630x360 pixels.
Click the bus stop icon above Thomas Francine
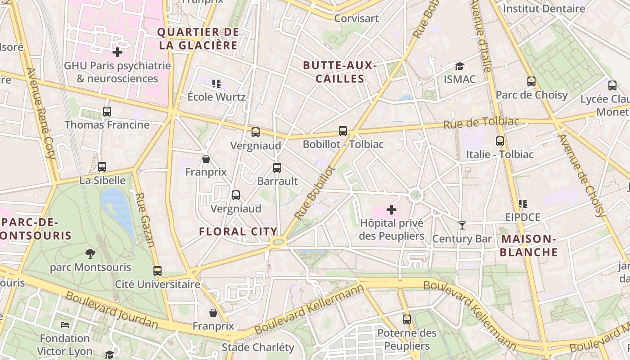[107, 112]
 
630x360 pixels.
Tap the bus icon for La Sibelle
[102, 167]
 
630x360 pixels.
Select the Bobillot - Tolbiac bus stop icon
[343, 131]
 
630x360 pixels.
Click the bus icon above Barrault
[277, 168]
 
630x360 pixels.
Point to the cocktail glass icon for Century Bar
[462, 225]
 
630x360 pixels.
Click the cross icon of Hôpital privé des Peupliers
[391, 210]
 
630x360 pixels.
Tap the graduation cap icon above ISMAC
[459, 66]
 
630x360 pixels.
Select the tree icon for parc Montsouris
[90, 254]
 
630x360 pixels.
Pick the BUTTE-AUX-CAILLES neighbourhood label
[340, 72]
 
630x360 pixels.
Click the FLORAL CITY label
[238, 232]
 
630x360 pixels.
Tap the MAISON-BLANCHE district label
[529, 246]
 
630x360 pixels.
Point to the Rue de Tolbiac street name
[481, 123]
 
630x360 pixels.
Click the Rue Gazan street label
[145, 220]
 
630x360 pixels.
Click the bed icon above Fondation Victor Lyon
[65, 324]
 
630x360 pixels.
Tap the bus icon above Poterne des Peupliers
[407, 319]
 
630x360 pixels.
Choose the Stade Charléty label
[258, 347]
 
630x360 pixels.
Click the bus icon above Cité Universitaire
[157, 271]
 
